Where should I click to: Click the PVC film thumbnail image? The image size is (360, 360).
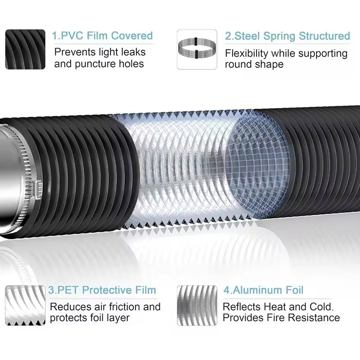[x=25, y=49]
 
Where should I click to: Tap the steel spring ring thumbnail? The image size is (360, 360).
[x=197, y=49]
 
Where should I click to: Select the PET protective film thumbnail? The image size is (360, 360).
[x=25, y=306]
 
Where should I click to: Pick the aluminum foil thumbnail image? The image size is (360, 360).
[x=197, y=306]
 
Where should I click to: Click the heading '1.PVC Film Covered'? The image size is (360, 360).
[x=103, y=36]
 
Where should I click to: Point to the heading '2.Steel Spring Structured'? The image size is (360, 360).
[x=288, y=36]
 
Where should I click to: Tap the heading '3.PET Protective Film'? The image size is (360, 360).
[x=102, y=290]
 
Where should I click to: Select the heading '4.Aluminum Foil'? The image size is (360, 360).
[x=264, y=290]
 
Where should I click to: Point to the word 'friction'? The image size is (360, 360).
[x=125, y=307]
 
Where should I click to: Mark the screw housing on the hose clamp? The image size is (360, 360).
[x=37, y=189]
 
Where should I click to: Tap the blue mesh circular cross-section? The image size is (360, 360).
[x=256, y=165]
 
